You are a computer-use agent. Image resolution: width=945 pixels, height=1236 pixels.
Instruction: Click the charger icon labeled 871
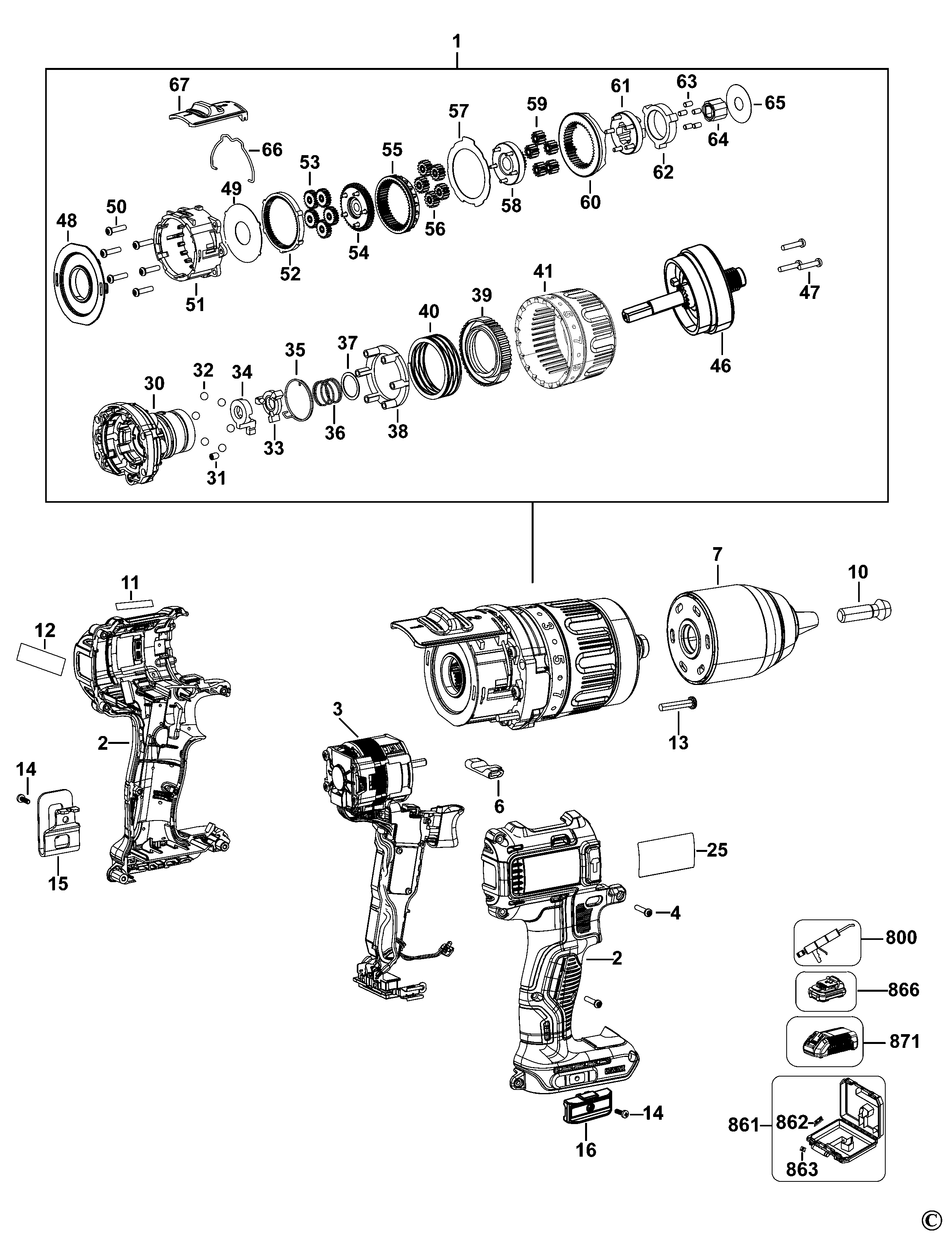[824, 1042]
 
